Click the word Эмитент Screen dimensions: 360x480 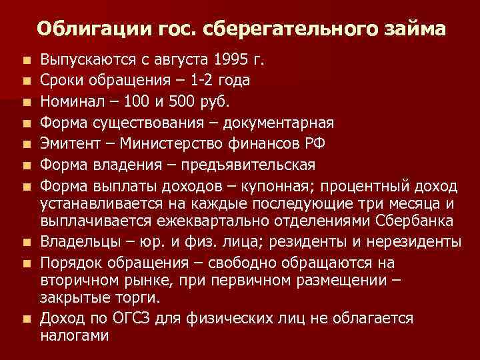[x=69, y=144]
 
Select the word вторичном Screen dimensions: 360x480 [x=79, y=280]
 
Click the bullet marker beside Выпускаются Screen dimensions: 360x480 [x=27, y=61]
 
